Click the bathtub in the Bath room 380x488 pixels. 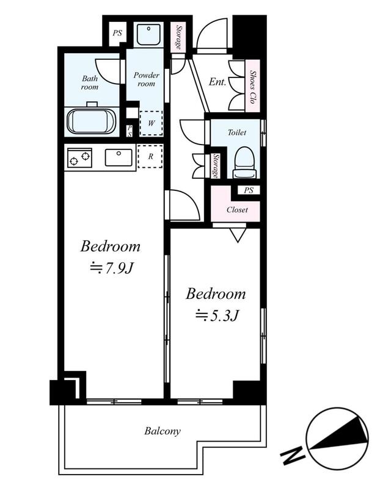[92, 120]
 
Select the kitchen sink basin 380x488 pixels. [119, 157]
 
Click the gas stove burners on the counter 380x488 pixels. [79, 157]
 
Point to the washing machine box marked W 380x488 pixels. [151, 123]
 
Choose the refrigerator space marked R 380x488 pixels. [150, 156]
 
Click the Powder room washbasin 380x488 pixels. [148, 35]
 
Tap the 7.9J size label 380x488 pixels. [112, 268]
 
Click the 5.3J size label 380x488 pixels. [217, 316]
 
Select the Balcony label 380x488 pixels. [163, 431]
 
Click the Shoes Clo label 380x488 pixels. [252, 87]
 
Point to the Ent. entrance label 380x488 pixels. [217, 82]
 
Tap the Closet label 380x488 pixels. [237, 210]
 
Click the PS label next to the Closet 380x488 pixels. [249, 190]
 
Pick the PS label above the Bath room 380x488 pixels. [117, 33]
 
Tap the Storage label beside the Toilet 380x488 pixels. [216, 166]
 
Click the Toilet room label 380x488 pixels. [237, 132]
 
